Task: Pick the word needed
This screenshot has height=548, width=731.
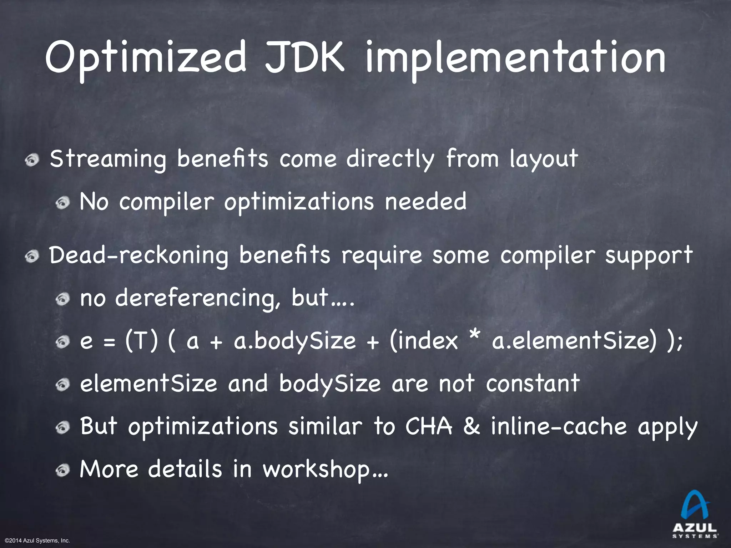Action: point(425,202)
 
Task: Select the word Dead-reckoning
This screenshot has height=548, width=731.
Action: point(139,256)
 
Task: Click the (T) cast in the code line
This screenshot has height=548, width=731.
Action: point(141,341)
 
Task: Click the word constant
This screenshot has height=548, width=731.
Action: point(533,384)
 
